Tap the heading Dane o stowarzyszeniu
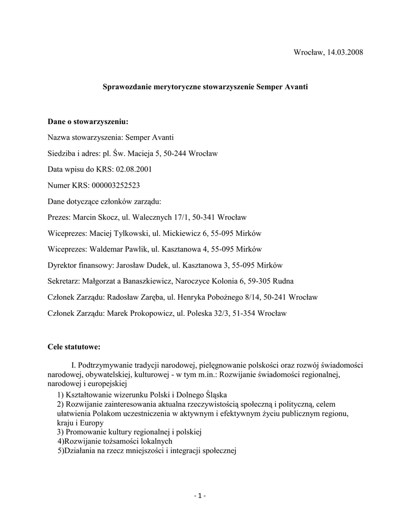[x=87, y=122]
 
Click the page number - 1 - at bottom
[x=200, y=496]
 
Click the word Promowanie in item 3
[x=85, y=432]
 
